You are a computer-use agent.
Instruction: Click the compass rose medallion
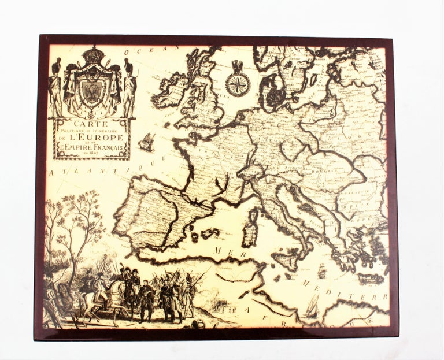pyautogui.click(x=238, y=84)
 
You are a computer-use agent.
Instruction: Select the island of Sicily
pyautogui.click(x=286, y=258)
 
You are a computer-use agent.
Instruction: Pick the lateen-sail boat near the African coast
pyautogui.click(x=313, y=306)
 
